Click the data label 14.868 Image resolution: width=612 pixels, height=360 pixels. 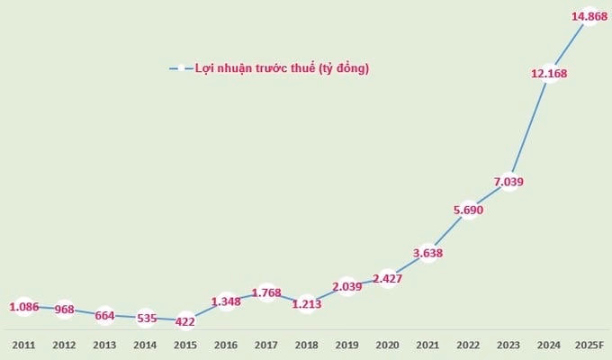(x=589, y=16)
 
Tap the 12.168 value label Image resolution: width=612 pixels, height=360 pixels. (x=549, y=74)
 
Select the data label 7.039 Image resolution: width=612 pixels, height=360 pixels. (x=508, y=181)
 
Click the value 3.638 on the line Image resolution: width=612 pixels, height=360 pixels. (x=427, y=252)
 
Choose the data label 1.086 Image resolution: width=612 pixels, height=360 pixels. (x=23, y=307)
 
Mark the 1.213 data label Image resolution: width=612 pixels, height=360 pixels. (x=306, y=304)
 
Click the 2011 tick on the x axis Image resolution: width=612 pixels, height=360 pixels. (x=23, y=345)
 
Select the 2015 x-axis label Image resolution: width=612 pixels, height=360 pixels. (x=184, y=345)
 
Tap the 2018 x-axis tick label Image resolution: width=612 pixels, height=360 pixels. (x=306, y=345)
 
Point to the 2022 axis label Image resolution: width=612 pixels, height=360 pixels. (x=467, y=345)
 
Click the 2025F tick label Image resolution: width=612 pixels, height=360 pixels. (x=589, y=345)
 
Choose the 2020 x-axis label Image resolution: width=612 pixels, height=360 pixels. (x=387, y=345)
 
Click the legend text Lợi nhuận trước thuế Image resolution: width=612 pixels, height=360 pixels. (x=282, y=67)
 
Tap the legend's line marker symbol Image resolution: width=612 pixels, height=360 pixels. (x=179, y=68)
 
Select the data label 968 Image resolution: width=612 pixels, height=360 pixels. (x=64, y=310)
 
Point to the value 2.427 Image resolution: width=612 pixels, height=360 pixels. (x=387, y=277)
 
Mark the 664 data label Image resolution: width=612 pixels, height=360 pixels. (x=104, y=316)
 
